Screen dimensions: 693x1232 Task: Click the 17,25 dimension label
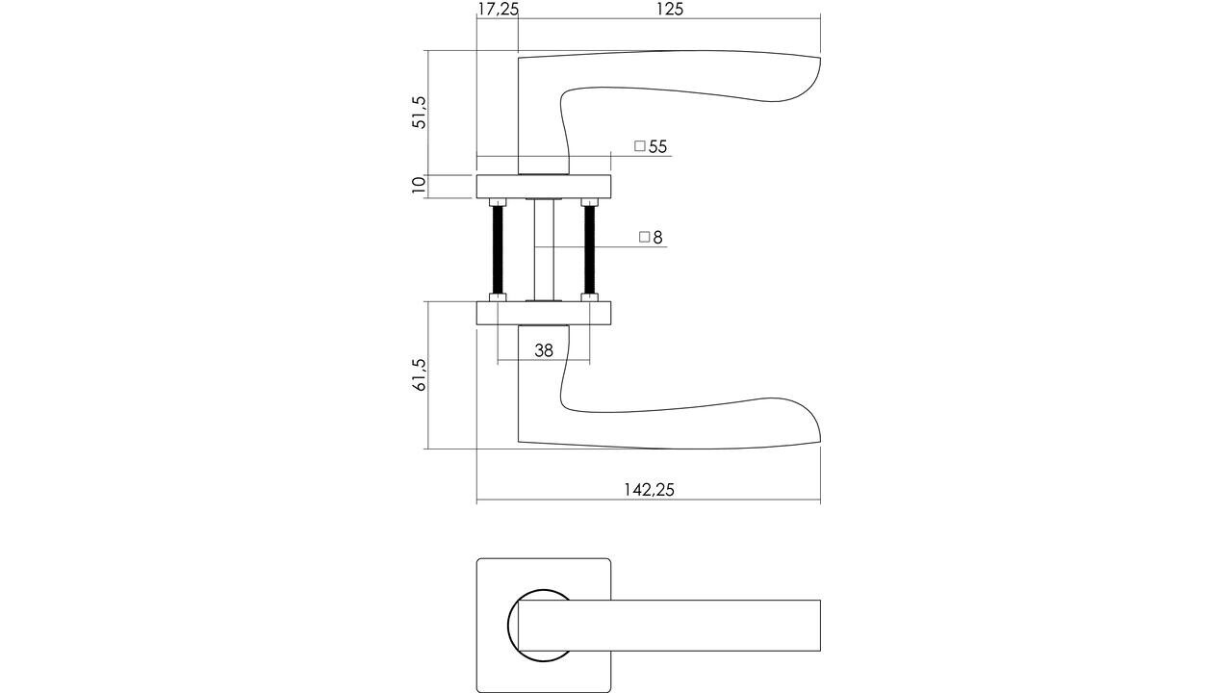(498, 10)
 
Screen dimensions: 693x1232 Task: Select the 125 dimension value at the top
(670, 10)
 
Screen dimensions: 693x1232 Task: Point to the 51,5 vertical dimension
(419, 113)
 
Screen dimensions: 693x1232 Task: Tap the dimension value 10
(419, 186)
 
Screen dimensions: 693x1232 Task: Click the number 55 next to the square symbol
(658, 147)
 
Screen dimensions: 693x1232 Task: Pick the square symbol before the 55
(640, 146)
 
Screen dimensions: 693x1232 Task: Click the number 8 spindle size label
(658, 238)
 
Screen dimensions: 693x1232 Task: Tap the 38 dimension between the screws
(544, 351)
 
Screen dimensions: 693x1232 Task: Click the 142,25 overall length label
(649, 490)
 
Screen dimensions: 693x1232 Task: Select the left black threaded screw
(499, 249)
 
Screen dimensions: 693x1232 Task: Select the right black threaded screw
(589, 249)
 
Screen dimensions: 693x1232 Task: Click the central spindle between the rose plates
(544, 249)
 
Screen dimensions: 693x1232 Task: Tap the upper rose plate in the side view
(544, 187)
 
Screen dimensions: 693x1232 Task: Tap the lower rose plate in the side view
(544, 313)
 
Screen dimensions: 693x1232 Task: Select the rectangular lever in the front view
(674, 626)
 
